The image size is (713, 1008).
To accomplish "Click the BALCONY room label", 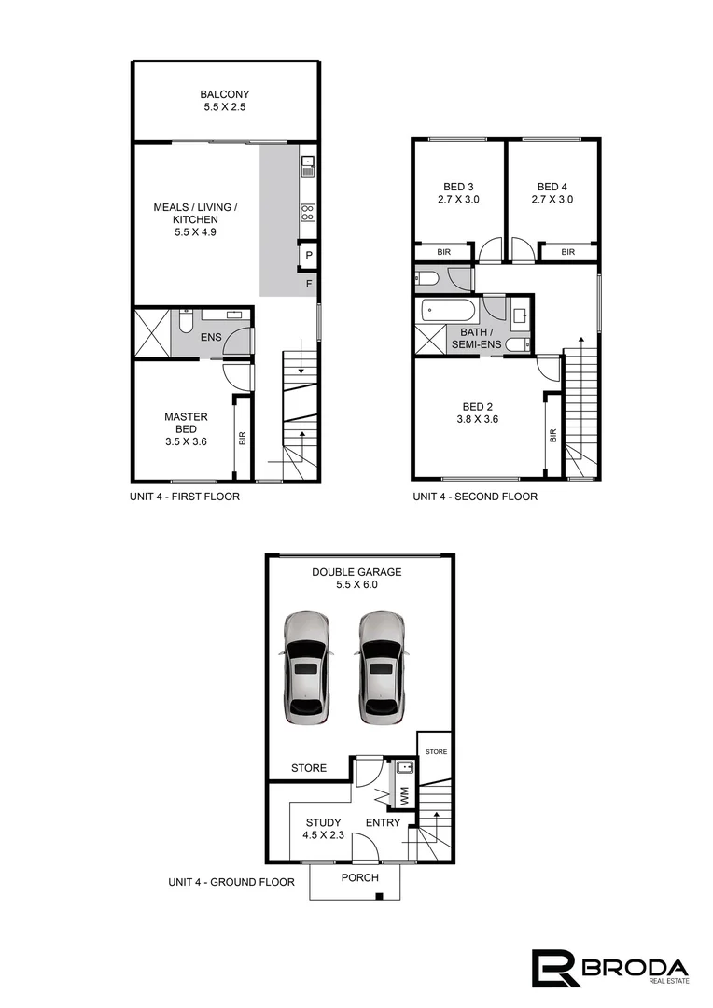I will [x=225, y=94].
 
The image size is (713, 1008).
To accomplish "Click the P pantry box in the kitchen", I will [x=308, y=255].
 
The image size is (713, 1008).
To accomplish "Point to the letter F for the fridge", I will [x=308, y=283].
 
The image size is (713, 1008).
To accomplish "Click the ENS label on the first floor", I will [x=212, y=336].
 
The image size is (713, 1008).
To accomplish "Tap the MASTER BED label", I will [x=186, y=424].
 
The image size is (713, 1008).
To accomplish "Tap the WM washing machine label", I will [x=404, y=798].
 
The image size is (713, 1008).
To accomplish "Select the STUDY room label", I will [x=323, y=822].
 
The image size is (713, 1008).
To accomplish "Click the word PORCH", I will [x=359, y=877].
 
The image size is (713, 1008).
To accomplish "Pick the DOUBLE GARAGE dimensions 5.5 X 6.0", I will [x=357, y=585].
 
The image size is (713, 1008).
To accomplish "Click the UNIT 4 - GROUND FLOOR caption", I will [x=231, y=882].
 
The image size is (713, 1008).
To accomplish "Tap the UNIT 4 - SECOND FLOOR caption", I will [x=475, y=497].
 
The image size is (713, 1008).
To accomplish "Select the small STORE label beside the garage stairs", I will [x=436, y=751].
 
